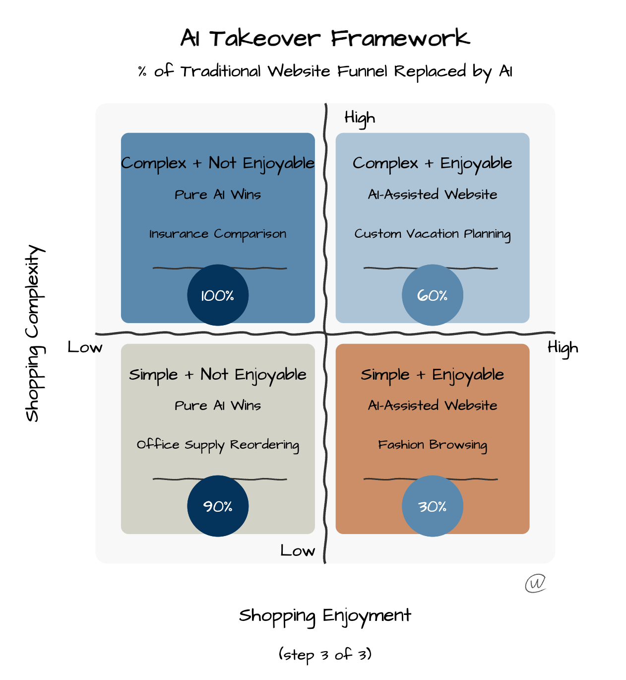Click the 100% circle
(x=218, y=295)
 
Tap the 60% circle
(x=433, y=295)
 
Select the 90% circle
(x=218, y=506)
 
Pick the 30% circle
(x=433, y=506)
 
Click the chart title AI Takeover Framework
(x=325, y=38)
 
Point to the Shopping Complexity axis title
(x=34, y=333)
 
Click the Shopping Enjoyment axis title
(x=325, y=616)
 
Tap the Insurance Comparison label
(x=218, y=234)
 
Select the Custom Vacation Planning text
(x=433, y=234)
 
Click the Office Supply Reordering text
(x=218, y=445)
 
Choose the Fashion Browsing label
(x=433, y=445)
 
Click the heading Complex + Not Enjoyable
(x=218, y=163)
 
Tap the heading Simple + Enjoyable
(x=433, y=375)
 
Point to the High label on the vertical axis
(x=360, y=118)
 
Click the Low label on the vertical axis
(x=298, y=550)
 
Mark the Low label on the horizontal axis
(x=85, y=347)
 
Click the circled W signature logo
(x=536, y=583)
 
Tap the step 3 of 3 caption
(x=325, y=655)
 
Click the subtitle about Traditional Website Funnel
(x=325, y=71)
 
